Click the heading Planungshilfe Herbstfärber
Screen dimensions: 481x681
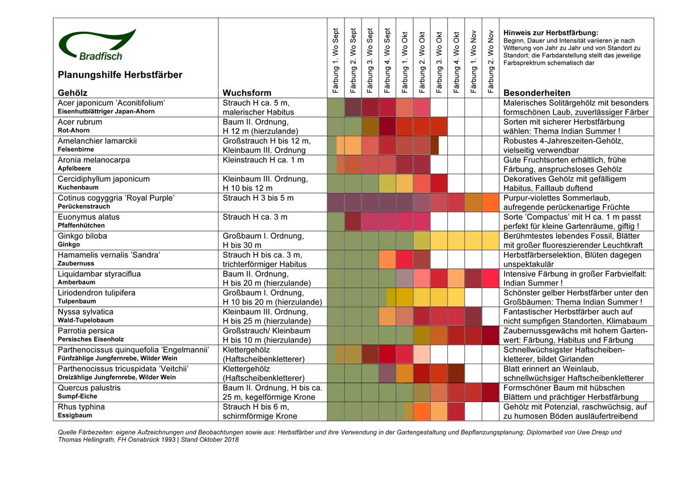[120, 75]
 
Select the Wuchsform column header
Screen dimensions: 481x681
[247, 92]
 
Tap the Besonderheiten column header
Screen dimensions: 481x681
[537, 92]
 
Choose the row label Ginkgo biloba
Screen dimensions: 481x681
[82, 236]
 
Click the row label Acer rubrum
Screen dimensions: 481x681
[80, 122]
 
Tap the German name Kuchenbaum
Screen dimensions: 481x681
[78, 187]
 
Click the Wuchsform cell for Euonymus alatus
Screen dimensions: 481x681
[255, 217]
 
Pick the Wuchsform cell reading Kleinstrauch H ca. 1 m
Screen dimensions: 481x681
[263, 160]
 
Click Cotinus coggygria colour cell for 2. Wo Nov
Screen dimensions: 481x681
[490, 202]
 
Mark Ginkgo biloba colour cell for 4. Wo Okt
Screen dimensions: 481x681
[456, 241]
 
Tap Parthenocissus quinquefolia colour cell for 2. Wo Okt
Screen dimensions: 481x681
[422, 355]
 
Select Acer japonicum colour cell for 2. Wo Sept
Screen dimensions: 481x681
[353, 107]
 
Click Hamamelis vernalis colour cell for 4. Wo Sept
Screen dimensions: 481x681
[387, 259]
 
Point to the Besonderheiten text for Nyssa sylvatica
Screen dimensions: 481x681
[575, 317]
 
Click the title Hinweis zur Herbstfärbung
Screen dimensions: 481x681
[550, 32]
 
